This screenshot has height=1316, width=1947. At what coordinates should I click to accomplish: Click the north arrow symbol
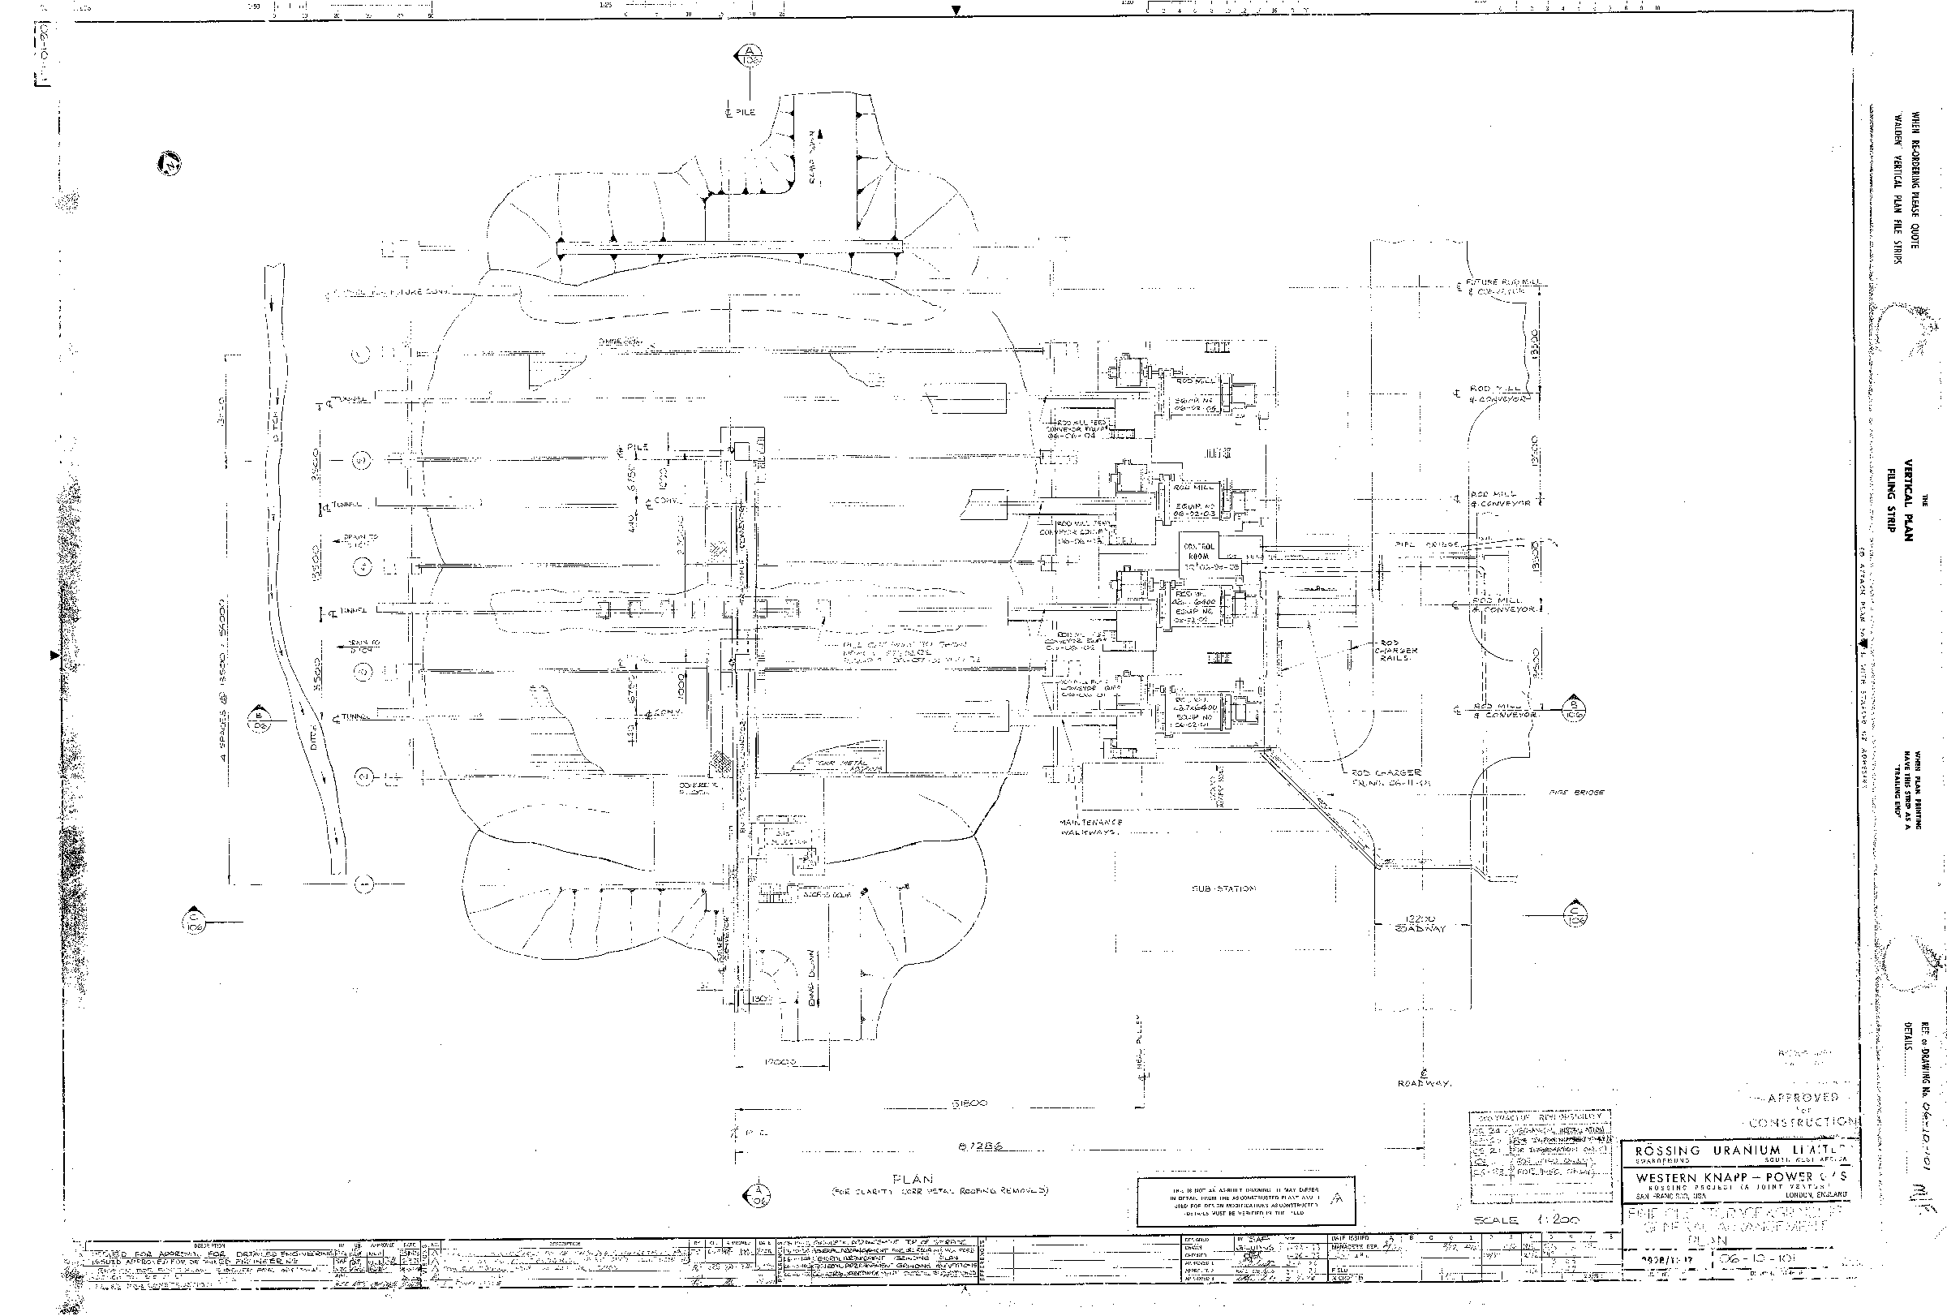(170, 165)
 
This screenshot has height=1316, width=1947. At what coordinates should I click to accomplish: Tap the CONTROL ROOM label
(1199, 551)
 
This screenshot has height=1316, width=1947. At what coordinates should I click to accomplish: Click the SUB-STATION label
(1224, 888)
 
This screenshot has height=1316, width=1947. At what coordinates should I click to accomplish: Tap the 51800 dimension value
(968, 1103)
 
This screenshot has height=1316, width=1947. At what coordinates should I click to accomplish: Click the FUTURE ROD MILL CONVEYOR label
(1497, 287)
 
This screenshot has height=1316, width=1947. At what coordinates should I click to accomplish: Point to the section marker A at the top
(748, 57)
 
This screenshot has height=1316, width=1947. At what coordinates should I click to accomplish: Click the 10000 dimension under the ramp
(780, 1062)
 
